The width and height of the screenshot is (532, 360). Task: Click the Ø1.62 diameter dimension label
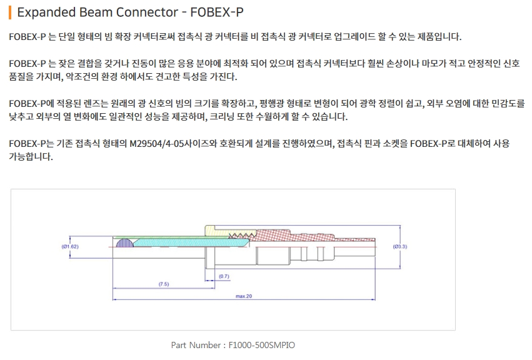(70, 246)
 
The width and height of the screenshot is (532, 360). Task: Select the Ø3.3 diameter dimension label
(401, 246)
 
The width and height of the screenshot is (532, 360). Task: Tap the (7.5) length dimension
(163, 284)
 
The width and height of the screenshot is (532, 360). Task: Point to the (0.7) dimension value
(224, 276)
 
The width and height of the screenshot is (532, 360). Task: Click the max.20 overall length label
(243, 296)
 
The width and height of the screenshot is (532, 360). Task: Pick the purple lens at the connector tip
(125, 242)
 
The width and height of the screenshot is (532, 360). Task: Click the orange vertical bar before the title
(11, 12)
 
